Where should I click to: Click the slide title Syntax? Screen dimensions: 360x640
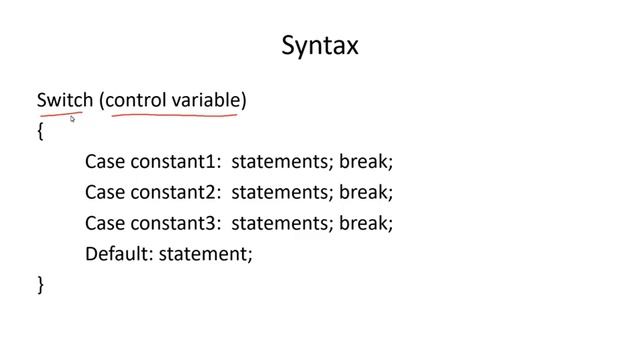pos(319,46)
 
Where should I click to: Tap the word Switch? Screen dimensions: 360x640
pos(65,100)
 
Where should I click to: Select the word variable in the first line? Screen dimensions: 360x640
pos(207,100)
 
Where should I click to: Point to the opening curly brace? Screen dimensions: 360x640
pos(41,131)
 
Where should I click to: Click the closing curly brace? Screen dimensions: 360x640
pos(41,285)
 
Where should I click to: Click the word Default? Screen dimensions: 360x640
pos(119,254)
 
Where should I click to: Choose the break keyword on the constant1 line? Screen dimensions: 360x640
pos(370,161)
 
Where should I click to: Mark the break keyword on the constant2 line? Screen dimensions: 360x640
pos(370,192)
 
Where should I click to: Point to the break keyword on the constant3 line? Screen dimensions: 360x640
pos(370,223)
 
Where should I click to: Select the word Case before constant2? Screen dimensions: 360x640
pos(105,192)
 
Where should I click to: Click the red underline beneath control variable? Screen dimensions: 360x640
pos(175,116)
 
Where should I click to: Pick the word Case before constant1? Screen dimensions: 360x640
pos(105,161)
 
